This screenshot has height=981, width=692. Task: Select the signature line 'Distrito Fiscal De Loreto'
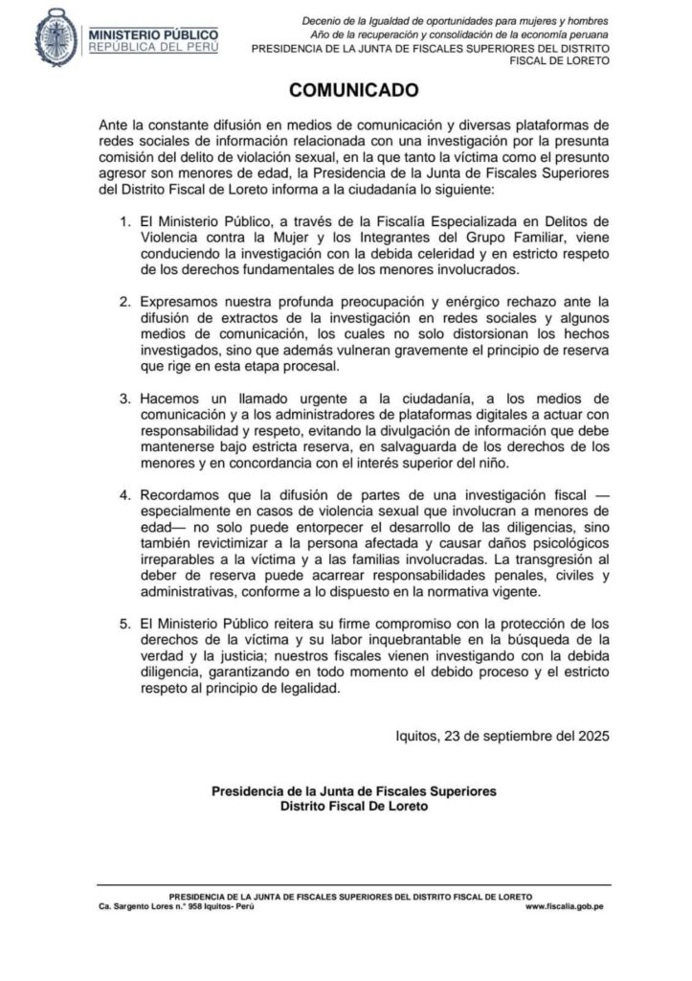[x=354, y=807]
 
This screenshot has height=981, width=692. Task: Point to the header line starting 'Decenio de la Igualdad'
[x=455, y=20]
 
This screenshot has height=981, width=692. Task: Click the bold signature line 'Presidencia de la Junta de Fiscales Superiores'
[x=354, y=791]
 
